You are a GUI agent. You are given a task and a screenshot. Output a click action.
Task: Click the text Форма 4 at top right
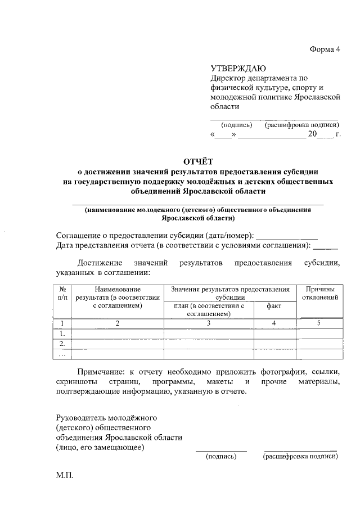coord(326,48)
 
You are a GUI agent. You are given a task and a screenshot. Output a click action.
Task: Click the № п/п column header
coord(62,292)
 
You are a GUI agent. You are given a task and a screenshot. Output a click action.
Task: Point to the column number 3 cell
coord(208,323)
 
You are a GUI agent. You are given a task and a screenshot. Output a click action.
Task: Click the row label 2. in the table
coord(62,344)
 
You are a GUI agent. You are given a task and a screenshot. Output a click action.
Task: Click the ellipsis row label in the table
coord(62,354)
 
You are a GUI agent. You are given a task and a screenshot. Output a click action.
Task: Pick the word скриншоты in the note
coord(76,382)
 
